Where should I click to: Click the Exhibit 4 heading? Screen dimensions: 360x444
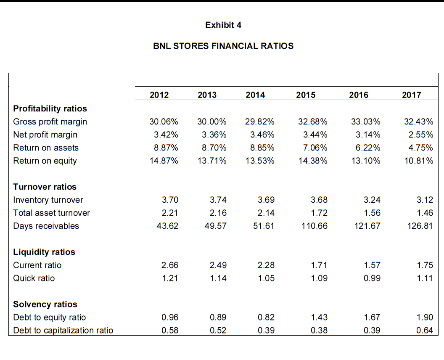pos(223,25)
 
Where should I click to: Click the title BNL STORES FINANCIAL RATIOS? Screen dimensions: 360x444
pos(223,46)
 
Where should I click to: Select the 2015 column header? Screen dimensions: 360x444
pos(306,95)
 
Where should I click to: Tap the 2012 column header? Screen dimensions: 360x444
pos(159,95)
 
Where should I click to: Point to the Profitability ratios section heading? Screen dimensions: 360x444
pos(50,109)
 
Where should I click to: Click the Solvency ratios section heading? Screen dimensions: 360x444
pos(45,304)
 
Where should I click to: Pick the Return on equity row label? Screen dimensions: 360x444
pos(45,161)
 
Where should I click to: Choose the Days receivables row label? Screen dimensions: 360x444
pos(46,226)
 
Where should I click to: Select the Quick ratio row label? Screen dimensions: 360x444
pos(34,278)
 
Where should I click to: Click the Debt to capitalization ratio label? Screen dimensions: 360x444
pos(63,330)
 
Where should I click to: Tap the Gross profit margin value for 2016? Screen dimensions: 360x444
pos(365,122)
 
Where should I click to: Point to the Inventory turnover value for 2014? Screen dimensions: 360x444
pos(267,200)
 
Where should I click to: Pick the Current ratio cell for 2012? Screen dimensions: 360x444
pos(170,265)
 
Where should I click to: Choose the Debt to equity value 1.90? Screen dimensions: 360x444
pos(425,317)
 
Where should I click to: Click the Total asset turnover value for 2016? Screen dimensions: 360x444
pos(372,213)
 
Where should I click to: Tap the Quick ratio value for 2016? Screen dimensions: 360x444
pos(372,278)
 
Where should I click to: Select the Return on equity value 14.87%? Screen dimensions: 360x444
pos(164,161)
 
